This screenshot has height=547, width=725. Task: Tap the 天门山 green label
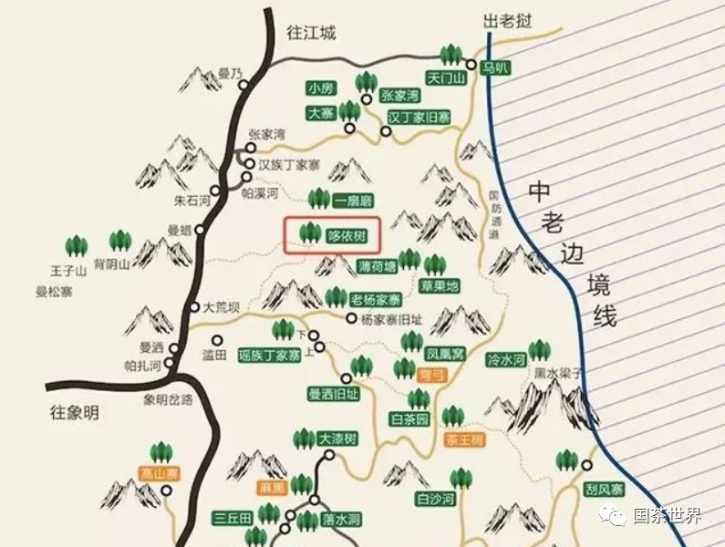[446, 79]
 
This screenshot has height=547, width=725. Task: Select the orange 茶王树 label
[464, 439]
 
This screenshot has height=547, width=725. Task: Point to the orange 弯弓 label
[429, 374]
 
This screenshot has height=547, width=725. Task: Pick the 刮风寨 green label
[605, 490]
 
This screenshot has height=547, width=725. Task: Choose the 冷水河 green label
[506, 360]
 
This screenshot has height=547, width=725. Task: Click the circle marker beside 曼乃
[243, 85]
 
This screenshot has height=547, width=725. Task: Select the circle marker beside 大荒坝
[194, 307]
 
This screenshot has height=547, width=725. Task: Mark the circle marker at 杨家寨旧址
[351, 318]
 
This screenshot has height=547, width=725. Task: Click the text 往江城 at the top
[311, 33]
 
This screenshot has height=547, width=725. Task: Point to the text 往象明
[73, 413]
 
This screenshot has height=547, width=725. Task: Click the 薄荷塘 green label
[378, 266]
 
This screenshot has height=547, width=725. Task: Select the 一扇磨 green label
[353, 201]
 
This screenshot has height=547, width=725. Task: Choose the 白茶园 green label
[409, 419]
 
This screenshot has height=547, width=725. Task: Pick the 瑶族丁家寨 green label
[269, 355]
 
